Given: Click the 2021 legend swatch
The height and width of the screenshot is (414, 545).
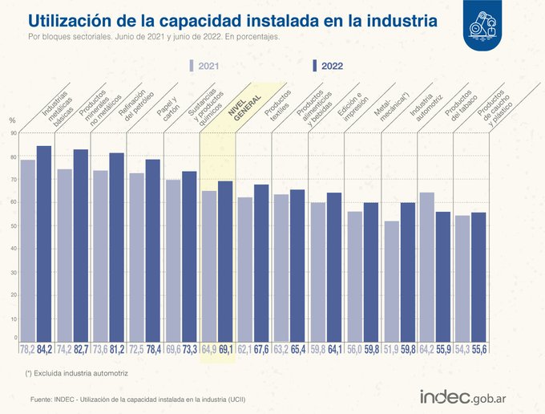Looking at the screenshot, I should coord(192,67).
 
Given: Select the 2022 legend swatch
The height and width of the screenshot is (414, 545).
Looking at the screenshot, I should coord(313,67).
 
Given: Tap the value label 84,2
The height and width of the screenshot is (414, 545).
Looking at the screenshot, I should coord(45,349).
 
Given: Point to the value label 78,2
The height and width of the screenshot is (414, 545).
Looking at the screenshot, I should coord(26,349).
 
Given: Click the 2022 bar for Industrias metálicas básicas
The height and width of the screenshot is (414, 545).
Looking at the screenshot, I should coord(44,241).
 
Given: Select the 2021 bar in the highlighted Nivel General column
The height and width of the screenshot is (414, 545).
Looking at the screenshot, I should coord(208,265).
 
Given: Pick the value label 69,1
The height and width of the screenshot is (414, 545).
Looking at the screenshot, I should coord(225,349).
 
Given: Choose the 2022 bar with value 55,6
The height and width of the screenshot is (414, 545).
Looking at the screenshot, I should coord(479,277).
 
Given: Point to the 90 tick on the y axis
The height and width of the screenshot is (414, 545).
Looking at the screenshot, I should coord(14,133).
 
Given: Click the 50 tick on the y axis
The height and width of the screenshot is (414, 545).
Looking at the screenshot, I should coord(14,226).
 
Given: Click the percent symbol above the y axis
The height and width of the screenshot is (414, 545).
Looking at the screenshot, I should coord(12,120).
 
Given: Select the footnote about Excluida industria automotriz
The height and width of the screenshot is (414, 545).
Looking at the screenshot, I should coord(76,373).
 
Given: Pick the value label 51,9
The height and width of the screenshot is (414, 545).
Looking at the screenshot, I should coord(390,349).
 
